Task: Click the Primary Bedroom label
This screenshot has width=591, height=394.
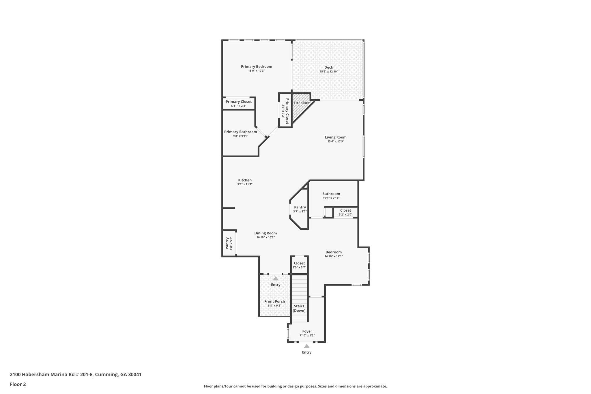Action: tap(257, 67)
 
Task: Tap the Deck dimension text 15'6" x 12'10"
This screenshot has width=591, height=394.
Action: tap(329, 72)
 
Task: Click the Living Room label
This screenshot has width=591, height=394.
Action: tap(336, 137)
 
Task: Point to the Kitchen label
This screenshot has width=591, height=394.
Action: tap(245, 180)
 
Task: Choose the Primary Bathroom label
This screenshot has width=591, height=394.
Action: tap(240, 132)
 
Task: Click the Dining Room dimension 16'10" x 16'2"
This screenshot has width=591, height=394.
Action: tap(265, 238)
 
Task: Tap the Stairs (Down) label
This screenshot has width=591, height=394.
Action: tap(299, 308)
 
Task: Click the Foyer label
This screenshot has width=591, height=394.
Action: tap(307, 331)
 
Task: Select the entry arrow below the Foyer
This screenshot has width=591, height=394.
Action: tap(307, 346)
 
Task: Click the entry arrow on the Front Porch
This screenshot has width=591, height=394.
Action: tap(276, 279)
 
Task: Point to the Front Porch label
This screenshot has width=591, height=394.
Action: tap(274, 301)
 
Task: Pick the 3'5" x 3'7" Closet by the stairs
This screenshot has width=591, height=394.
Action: tap(299, 265)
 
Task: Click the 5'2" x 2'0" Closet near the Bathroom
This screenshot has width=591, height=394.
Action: tap(346, 212)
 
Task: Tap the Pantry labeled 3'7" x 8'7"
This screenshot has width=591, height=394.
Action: tap(300, 209)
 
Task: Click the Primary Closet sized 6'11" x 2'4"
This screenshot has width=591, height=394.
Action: tap(239, 104)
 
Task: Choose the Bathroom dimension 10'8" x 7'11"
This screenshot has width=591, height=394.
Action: tap(331, 198)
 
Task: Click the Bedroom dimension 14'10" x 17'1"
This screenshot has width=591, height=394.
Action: tap(334, 256)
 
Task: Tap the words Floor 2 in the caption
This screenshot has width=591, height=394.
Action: tap(18, 384)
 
